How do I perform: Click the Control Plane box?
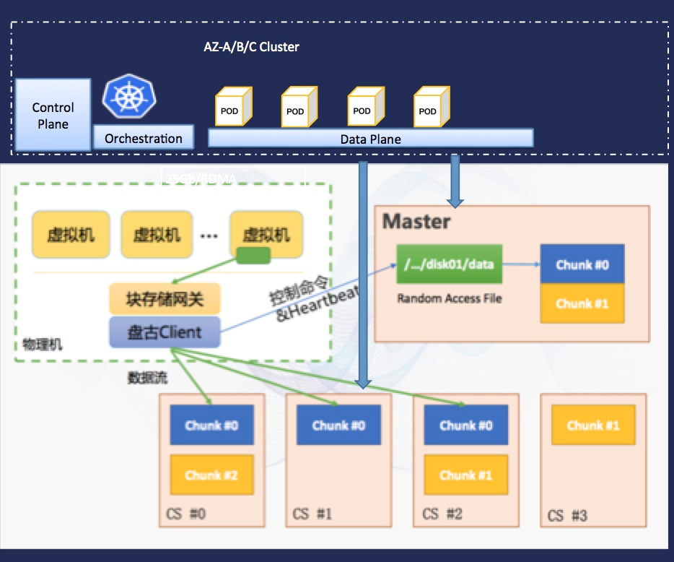coord(53,115)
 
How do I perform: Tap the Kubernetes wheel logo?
coord(130,98)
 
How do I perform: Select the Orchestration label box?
coord(144,138)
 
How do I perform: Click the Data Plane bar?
coord(370,138)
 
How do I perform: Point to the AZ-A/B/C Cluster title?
coord(251,47)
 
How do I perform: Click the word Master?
coord(416,221)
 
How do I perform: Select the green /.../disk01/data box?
coord(449,264)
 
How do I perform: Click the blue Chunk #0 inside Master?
coord(582,264)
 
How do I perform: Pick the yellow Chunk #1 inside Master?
coord(582,303)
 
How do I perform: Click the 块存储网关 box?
coord(164,299)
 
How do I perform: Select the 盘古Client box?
coord(164,332)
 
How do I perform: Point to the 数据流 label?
coord(147,377)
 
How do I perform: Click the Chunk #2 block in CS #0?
coord(211,475)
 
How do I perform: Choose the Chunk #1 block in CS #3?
coord(593,425)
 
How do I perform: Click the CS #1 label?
coord(312,514)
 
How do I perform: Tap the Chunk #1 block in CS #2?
coord(465,475)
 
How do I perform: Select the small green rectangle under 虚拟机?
coord(253,255)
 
